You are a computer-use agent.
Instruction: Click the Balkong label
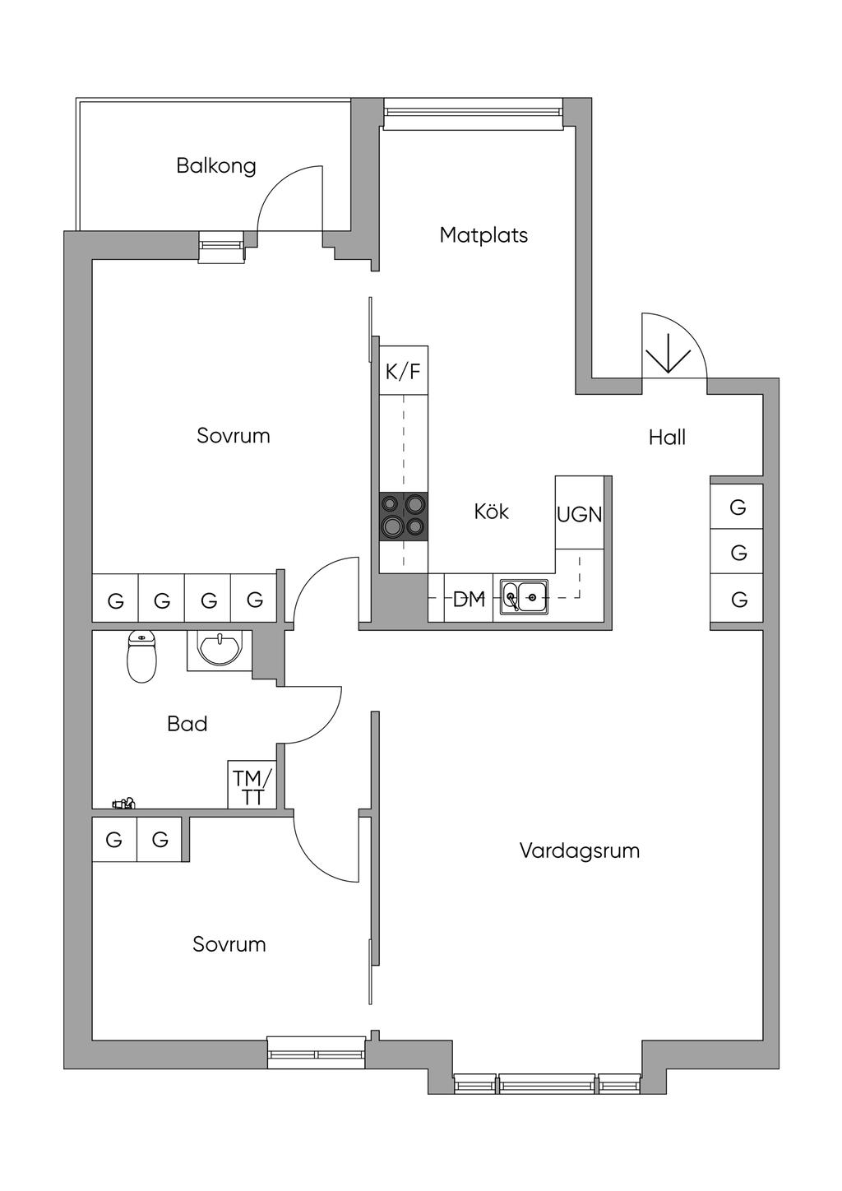(x=216, y=166)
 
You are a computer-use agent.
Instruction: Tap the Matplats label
(x=483, y=235)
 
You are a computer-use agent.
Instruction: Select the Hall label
(x=667, y=437)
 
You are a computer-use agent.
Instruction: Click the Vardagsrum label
(x=579, y=850)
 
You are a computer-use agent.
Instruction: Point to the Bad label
(x=187, y=724)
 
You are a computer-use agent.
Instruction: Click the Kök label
(x=491, y=512)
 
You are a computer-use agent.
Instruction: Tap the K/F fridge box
(x=403, y=371)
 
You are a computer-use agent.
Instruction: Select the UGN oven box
(x=580, y=513)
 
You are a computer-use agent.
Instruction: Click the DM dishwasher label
(x=470, y=599)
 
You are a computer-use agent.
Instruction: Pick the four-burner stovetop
(x=403, y=517)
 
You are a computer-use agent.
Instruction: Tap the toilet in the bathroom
(x=141, y=658)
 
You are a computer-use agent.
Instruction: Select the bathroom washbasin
(x=219, y=651)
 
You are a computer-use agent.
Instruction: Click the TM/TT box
(x=252, y=786)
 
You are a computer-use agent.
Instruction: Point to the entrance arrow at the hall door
(x=667, y=354)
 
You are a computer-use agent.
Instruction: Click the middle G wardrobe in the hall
(x=738, y=554)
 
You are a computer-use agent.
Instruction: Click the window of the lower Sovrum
(x=317, y=1053)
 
